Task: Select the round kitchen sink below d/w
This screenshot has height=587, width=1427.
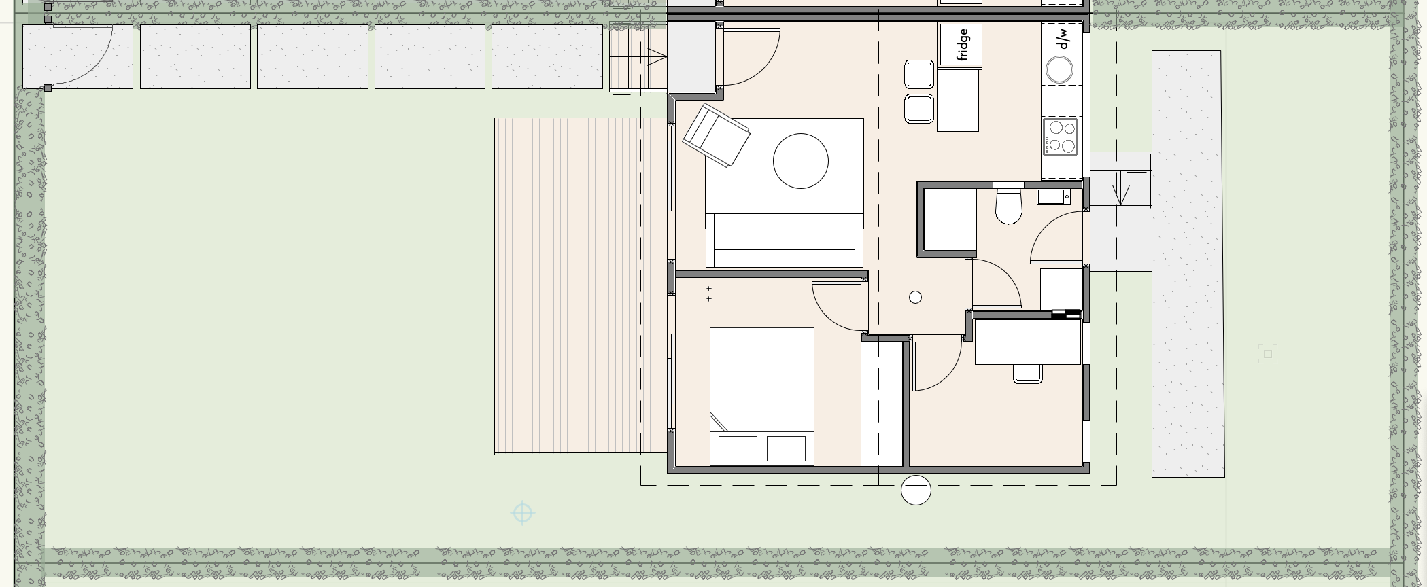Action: [1059, 69]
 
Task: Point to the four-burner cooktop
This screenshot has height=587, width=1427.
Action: [1061, 136]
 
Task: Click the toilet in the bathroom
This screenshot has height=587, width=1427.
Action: [1008, 206]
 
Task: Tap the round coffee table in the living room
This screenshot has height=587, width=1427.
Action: [801, 161]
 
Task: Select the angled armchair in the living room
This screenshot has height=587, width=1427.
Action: [716, 135]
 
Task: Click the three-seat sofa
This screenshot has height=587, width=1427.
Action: [785, 240]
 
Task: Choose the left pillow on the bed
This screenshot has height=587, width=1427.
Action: [738, 448]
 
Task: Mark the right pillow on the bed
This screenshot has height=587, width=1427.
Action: [787, 448]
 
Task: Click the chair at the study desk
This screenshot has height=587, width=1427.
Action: [1028, 373]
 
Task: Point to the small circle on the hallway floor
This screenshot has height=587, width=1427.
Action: [915, 297]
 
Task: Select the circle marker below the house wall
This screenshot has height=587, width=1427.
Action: [916, 491]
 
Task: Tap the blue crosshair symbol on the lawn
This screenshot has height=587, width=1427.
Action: [522, 514]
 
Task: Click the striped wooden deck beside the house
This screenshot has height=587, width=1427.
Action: [581, 286]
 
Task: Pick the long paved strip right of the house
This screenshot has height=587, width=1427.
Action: [1188, 264]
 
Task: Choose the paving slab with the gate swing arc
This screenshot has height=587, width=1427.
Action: [78, 57]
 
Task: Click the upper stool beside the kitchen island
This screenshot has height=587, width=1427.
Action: [919, 74]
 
